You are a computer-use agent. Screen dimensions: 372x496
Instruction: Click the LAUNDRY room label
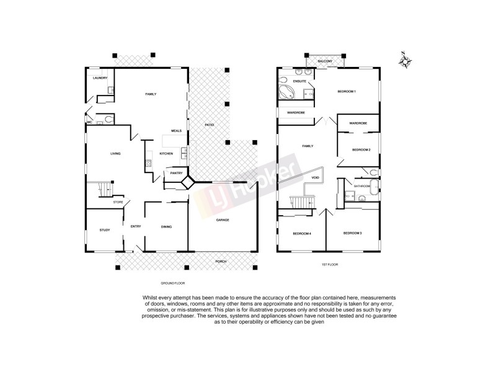click(100, 78)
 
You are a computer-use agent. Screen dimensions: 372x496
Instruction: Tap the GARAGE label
click(223, 221)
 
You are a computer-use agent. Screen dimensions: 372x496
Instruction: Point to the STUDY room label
click(104, 231)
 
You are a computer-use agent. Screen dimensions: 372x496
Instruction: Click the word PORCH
click(221, 262)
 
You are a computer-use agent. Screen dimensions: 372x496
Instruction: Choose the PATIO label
click(210, 126)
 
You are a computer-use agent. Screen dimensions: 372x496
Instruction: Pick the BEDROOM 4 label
click(301, 233)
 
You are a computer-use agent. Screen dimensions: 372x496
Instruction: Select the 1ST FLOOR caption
click(329, 265)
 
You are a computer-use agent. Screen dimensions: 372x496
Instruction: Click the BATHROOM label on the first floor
click(362, 186)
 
